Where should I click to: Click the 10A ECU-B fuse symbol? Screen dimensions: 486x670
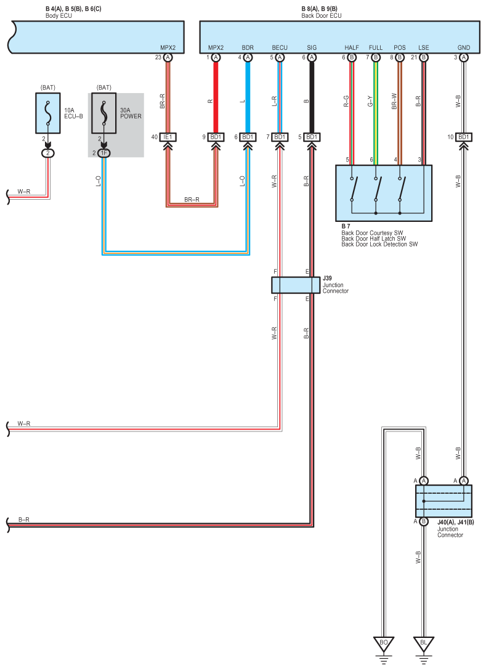click(48, 113)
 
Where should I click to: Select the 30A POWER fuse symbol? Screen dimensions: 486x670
click(103, 113)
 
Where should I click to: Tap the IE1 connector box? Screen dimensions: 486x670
click(168, 137)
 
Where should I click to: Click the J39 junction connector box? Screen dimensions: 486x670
click(296, 285)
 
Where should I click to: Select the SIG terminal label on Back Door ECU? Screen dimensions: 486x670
click(312, 48)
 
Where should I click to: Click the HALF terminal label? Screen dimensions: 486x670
click(352, 48)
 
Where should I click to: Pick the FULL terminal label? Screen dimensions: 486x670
click(376, 48)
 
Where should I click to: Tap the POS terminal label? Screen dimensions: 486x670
click(400, 48)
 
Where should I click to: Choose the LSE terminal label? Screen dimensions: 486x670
click(424, 48)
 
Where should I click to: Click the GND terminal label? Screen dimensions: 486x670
click(464, 48)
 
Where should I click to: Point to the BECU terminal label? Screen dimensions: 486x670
click(280, 48)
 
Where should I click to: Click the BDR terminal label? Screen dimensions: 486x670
click(248, 48)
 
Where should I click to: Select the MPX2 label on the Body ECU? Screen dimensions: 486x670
click(168, 48)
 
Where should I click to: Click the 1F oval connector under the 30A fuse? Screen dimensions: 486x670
click(103, 153)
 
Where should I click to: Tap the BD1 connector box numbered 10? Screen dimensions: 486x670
click(464, 137)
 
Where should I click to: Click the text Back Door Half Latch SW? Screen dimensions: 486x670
click(374, 239)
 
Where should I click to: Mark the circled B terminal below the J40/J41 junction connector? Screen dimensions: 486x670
click(424, 521)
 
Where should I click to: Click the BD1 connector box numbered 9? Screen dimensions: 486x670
click(216, 137)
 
